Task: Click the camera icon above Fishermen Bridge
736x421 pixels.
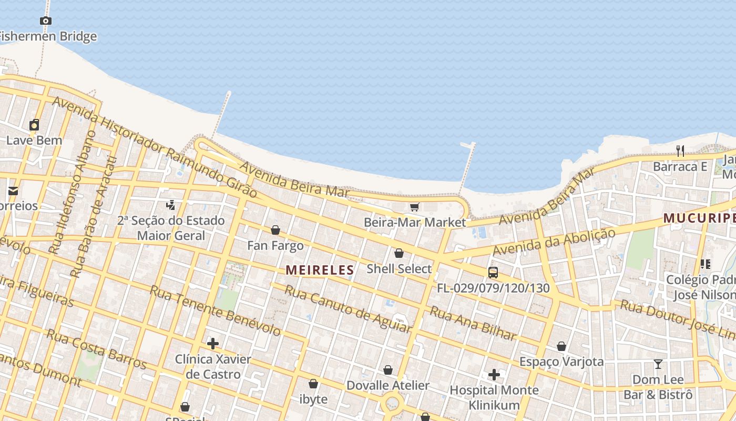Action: coord(46,21)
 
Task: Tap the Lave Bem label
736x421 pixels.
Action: coord(34,141)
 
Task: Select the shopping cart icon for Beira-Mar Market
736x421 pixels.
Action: coord(414,207)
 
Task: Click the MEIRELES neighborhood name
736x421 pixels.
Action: coord(320,270)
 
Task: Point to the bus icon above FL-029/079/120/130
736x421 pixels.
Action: coord(493,273)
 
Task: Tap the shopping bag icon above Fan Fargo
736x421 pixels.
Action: coord(275,230)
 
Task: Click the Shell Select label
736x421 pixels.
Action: coord(399,269)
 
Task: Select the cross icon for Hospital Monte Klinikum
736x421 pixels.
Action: coord(494,375)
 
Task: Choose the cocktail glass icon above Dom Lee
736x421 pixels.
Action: coord(658,364)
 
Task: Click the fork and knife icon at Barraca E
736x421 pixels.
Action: coord(680,151)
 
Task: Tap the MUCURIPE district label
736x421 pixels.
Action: coord(699,218)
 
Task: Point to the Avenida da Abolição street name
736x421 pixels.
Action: coord(554,243)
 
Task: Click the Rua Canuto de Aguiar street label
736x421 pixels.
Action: coord(347,309)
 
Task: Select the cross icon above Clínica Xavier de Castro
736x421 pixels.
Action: coord(213,344)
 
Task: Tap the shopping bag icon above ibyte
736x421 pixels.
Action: coord(313,384)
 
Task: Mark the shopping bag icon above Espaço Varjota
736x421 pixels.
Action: coord(561,346)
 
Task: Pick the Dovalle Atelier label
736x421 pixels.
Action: coord(388,385)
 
